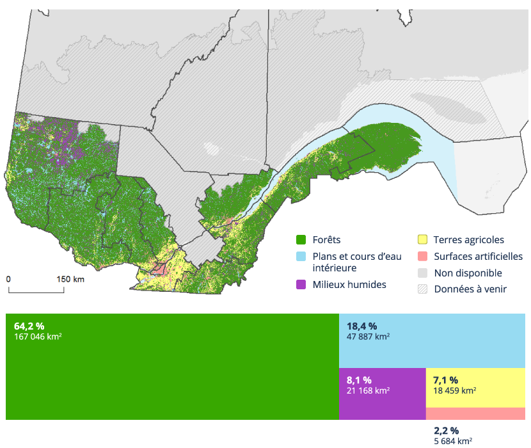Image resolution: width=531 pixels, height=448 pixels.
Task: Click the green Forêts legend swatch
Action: (301, 240)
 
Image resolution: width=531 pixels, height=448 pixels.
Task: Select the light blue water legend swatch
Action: (301, 257)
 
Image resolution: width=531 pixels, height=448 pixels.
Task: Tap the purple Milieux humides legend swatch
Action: (301, 284)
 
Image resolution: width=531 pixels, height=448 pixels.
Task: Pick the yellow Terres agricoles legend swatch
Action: (422, 240)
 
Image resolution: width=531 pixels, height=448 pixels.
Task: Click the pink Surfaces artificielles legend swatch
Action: (422, 257)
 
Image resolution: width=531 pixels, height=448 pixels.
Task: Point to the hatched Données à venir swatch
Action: (422, 289)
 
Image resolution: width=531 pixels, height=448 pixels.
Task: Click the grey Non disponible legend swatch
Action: (422, 273)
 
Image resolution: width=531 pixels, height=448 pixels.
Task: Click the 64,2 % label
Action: (29, 326)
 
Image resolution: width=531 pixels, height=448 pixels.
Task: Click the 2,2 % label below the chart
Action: (446, 431)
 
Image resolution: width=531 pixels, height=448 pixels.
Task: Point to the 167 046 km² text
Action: (38, 337)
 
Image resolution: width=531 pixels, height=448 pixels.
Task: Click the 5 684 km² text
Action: (453, 441)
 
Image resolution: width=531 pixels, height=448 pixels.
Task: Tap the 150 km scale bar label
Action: (70, 280)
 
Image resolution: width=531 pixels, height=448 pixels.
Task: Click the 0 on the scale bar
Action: (9, 280)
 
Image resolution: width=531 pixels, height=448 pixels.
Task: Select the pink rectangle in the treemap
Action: (475, 413)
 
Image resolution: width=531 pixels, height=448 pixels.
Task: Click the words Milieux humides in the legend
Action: (349, 284)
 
